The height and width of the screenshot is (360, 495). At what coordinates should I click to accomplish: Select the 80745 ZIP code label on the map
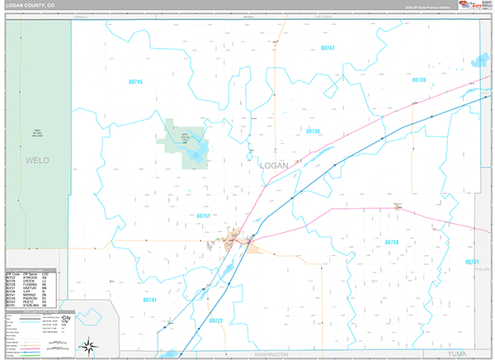[136, 82]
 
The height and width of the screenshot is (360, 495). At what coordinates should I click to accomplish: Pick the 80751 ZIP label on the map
[205, 216]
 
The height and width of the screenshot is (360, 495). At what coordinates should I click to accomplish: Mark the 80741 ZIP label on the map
[149, 300]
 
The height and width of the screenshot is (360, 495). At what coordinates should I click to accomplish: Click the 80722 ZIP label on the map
[216, 320]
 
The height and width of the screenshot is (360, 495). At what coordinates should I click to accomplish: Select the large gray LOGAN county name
[274, 165]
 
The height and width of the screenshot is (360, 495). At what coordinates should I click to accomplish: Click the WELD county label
[37, 159]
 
